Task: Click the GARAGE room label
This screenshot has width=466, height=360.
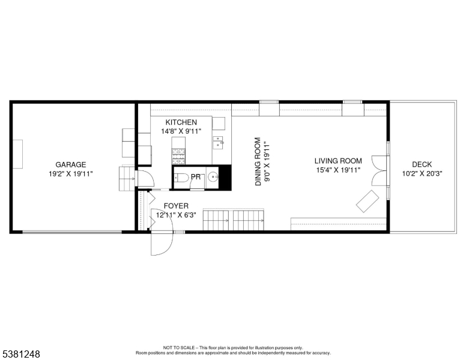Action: tap(71, 164)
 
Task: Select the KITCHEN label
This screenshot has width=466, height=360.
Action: tap(181, 122)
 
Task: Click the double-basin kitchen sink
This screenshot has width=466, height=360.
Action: tap(217, 142)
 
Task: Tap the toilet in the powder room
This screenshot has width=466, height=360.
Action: tap(182, 177)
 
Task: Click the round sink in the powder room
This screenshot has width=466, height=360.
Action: tap(211, 177)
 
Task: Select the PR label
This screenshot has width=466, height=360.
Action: tap(196, 177)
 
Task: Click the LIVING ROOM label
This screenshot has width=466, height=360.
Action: tap(338, 161)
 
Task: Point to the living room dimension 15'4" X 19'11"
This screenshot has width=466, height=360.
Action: tap(338, 170)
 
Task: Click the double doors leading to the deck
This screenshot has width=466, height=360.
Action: tap(379, 170)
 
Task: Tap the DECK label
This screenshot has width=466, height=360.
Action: tap(422, 165)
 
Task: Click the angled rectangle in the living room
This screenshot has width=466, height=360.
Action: tap(367, 201)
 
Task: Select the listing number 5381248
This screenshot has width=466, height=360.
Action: tap(20, 355)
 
